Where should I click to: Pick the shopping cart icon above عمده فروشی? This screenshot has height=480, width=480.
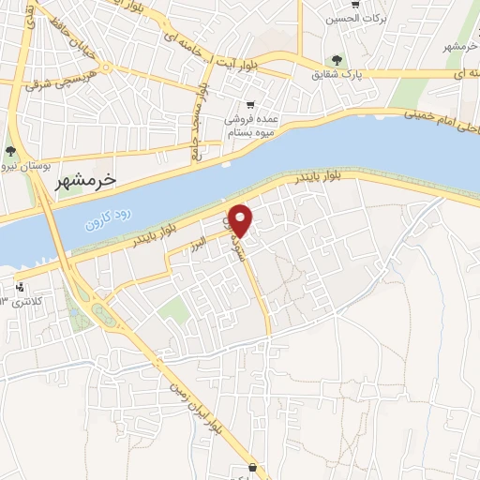(249, 105)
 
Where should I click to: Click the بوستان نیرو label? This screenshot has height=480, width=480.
(13, 166)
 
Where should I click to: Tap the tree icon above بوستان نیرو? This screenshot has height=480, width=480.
(10, 151)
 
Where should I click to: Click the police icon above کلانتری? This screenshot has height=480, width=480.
(21, 286)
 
